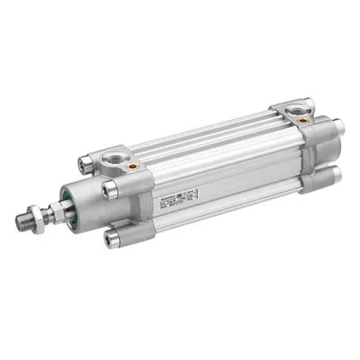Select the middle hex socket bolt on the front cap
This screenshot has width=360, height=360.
click(109, 188)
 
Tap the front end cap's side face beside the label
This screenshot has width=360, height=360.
click(146, 201)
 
